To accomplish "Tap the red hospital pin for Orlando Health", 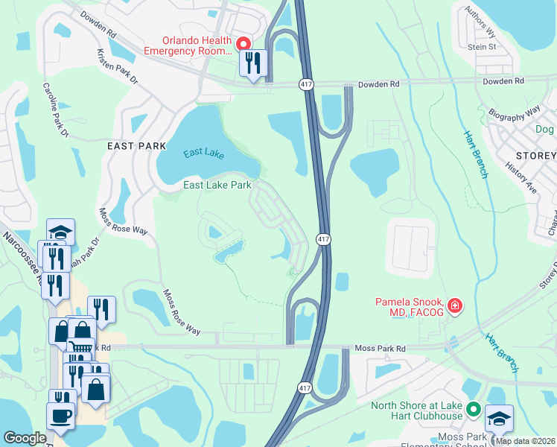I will point(244,45).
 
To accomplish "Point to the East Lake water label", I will point(204,153).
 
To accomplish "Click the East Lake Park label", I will point(217,185).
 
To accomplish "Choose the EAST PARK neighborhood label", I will point(136,146).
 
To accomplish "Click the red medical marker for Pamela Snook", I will point(453,305).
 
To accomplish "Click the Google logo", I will point(25,438).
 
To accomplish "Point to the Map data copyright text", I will point(524,441).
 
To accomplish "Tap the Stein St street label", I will point(483,46).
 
